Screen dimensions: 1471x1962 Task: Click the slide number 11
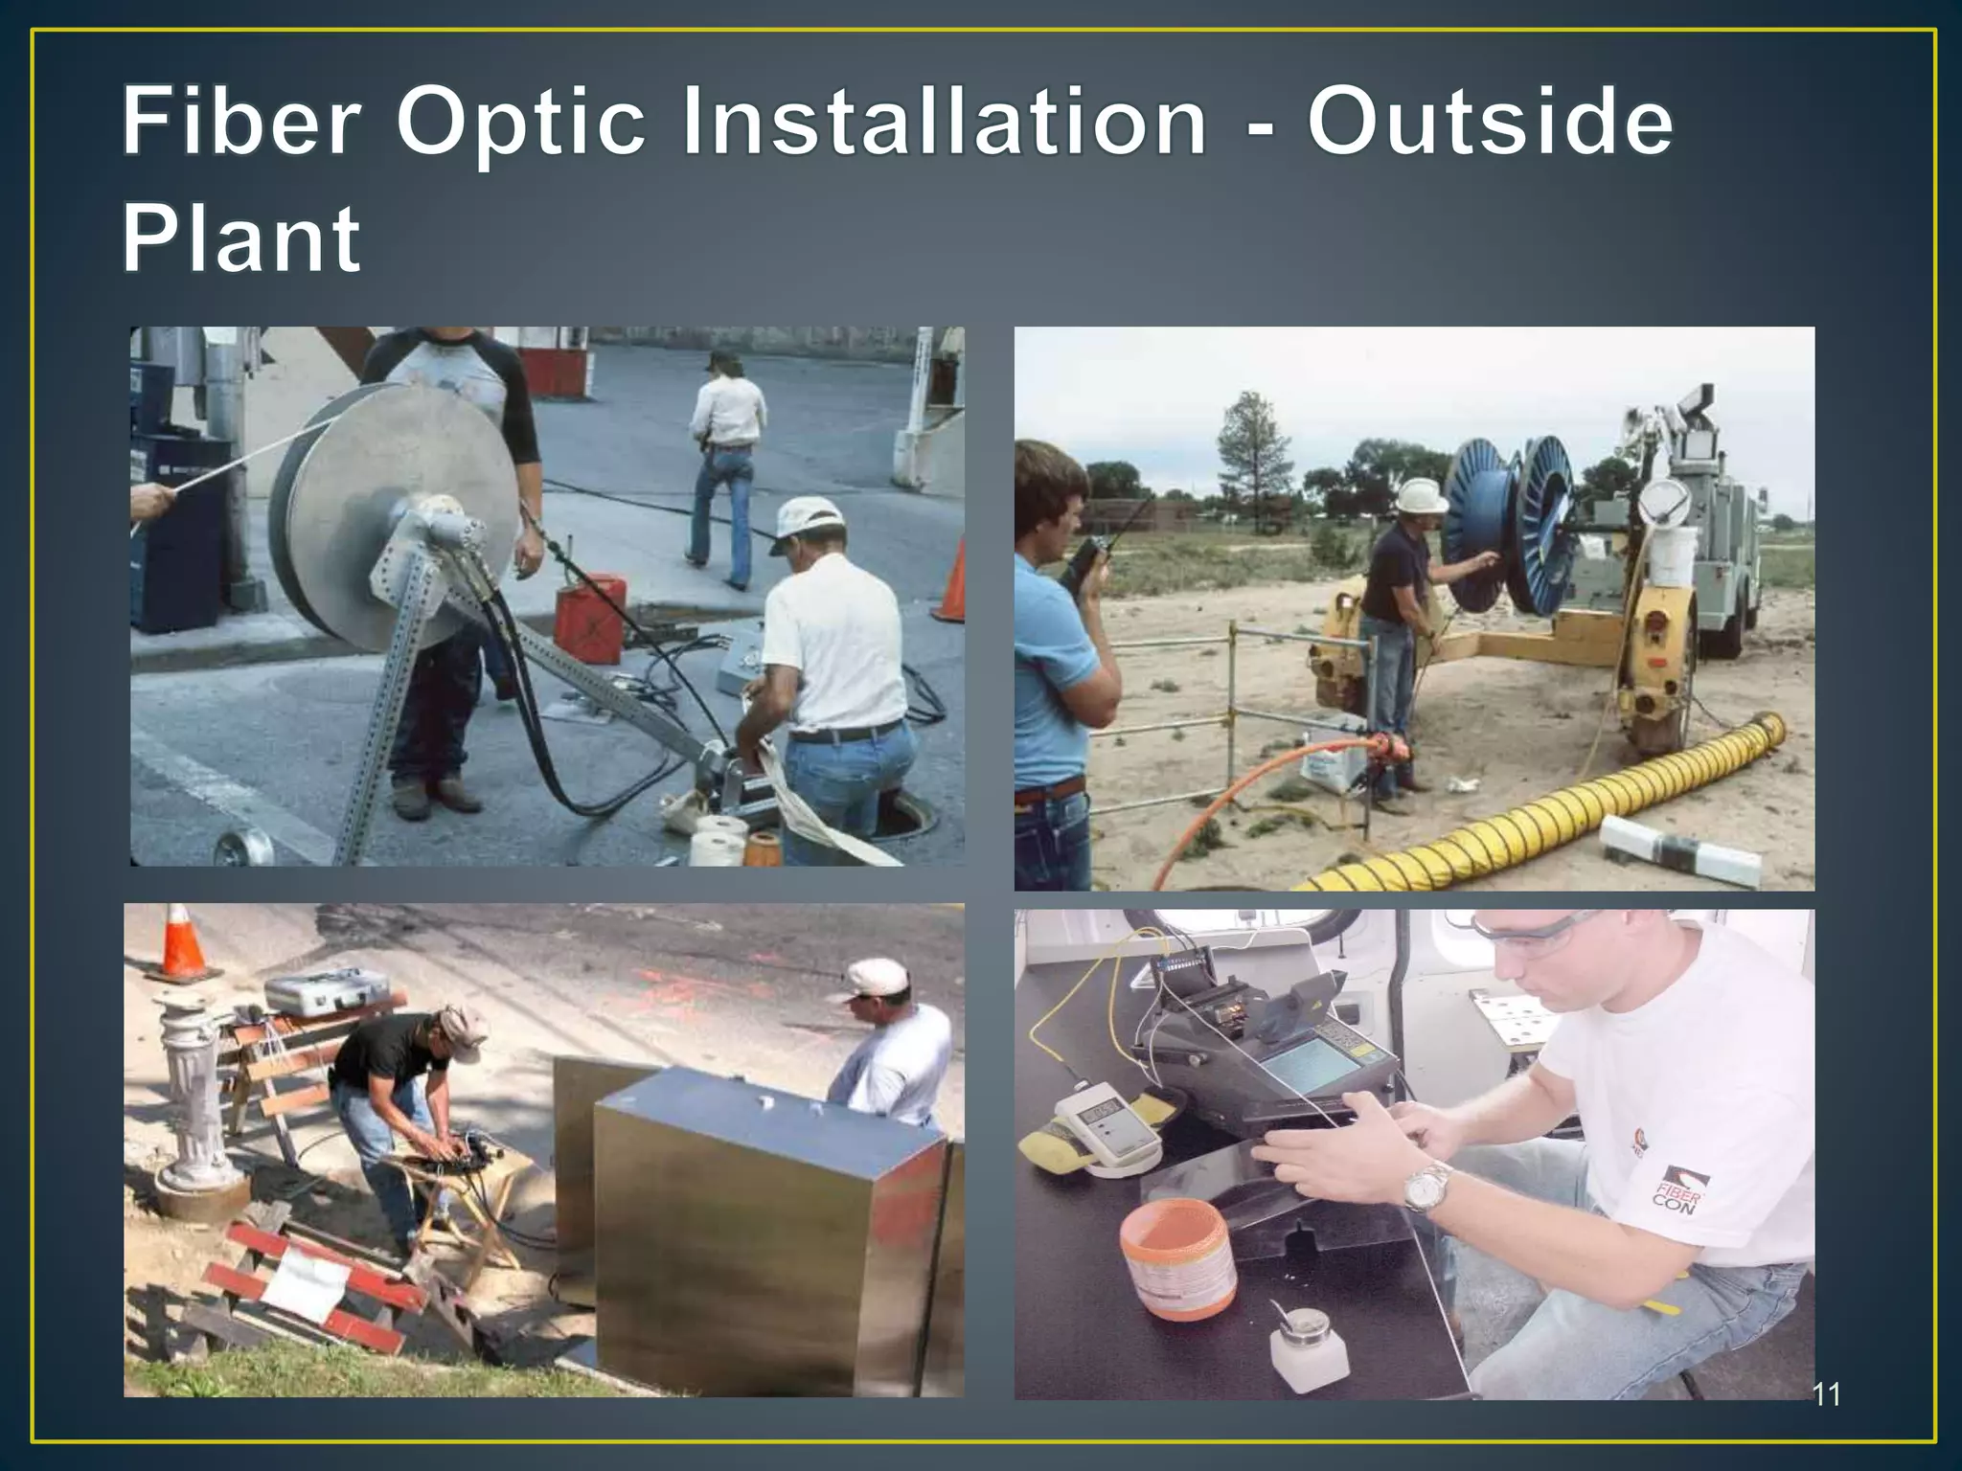point(1826,1395)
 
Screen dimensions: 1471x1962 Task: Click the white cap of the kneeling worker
point(808,520)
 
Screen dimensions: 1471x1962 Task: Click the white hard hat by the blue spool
point(1416,496)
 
